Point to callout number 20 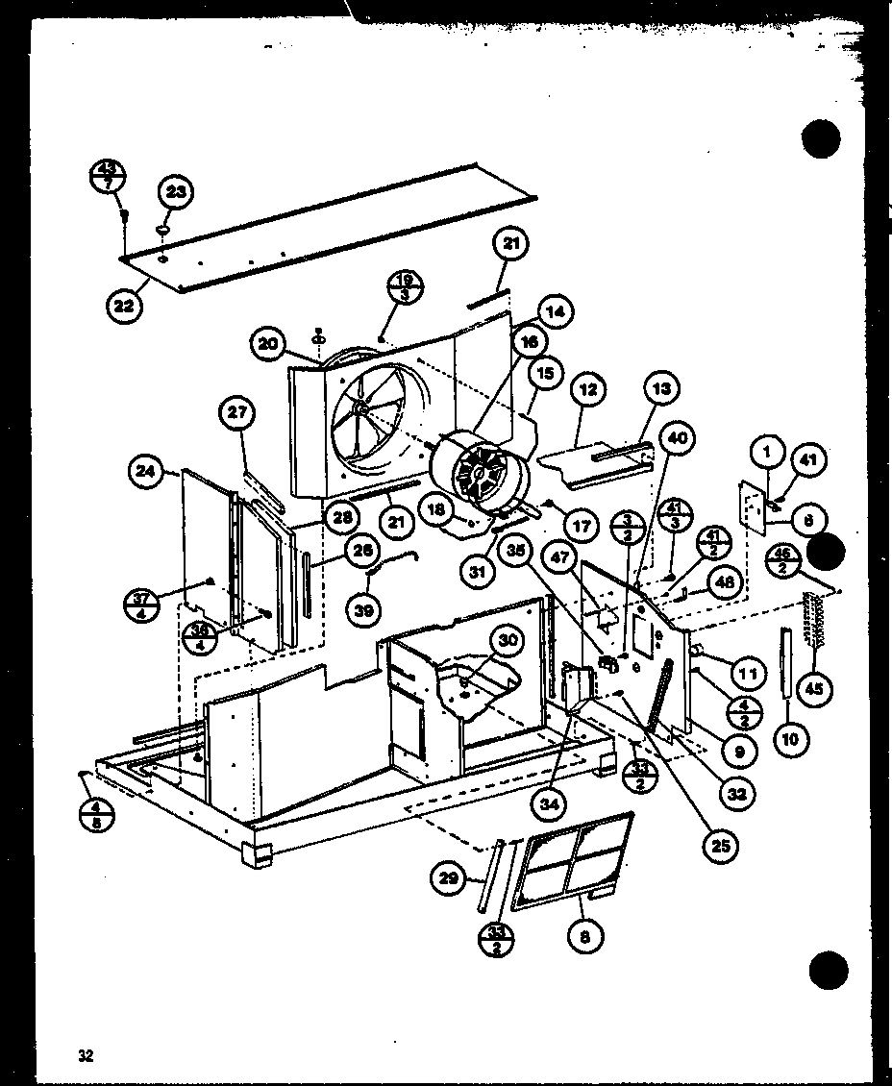point(268,343)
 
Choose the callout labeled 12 point(589,390)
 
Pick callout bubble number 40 point(677,439)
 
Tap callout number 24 point(146,471)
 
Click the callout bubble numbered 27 point(235,413)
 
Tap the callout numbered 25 point(721,845)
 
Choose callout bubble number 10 point(795,738)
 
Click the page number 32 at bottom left point(87,1055)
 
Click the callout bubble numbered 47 point(561,556)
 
